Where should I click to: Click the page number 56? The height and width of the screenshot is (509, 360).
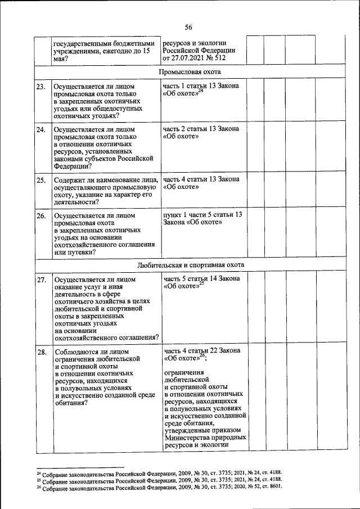[188, 28]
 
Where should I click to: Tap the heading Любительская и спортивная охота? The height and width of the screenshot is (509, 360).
[190, 264]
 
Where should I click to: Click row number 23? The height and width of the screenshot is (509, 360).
[40, 87]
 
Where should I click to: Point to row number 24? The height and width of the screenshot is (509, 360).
[40, 130]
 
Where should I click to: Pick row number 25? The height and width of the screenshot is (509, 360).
[40, 180]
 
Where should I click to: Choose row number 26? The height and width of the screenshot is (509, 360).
[40, 215]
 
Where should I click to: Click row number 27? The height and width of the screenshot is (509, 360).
[40, 280]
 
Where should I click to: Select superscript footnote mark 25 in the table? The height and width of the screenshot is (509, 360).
[201, 283]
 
